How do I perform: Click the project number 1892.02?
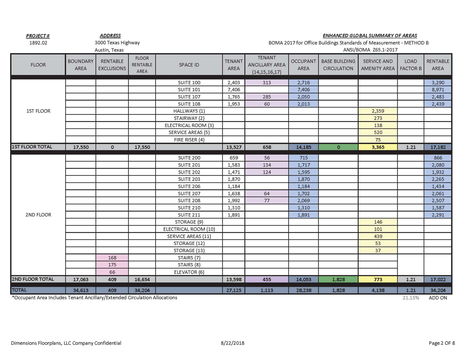point(38,43)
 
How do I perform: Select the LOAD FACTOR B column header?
point(411,65)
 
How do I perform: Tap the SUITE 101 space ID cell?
point(189,90)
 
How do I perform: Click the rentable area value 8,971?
point(438,90)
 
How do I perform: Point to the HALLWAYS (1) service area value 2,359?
point(378,111)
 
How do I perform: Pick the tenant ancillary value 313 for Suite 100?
point(267,83)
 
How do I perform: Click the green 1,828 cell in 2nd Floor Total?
point(338,280)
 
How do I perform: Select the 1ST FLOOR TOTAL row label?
point(32,147)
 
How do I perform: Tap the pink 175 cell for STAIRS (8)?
point(112,265)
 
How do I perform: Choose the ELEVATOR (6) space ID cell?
point(189,272)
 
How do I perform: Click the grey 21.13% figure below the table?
point(411,298)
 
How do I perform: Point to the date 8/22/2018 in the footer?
point(232,343)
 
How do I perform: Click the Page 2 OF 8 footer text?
point(441,343)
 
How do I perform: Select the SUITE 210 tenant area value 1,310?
point(234,208)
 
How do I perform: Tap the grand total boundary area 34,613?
point(81,290)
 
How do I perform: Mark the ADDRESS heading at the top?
point(110,36)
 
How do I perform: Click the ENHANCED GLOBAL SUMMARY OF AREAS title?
point(370,36)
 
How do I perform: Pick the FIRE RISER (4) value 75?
point(378,140)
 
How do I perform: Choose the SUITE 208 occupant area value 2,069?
point(303,201)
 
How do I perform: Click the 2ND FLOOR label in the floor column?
point(38,215)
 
